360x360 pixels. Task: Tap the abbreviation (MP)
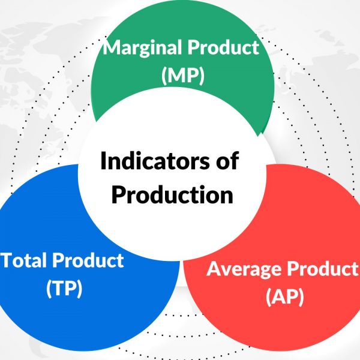coord(183,76)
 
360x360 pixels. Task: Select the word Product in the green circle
coord(224,47)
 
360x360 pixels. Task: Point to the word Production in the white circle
coord(172,195)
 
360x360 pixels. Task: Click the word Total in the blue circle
coord(25,260)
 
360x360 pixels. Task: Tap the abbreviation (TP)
coord(64,288)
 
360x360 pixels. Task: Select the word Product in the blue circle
coord(88,260)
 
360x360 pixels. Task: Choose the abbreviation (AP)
coord(284,296)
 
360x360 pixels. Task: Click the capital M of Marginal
coord(112,47)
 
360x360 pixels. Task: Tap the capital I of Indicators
coord(103,161)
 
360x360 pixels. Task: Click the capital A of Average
coord(214,269)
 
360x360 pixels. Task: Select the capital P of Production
coord(118,195)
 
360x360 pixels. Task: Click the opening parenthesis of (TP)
coord(49,289)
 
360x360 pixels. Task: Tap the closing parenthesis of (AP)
coord(301,296)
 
